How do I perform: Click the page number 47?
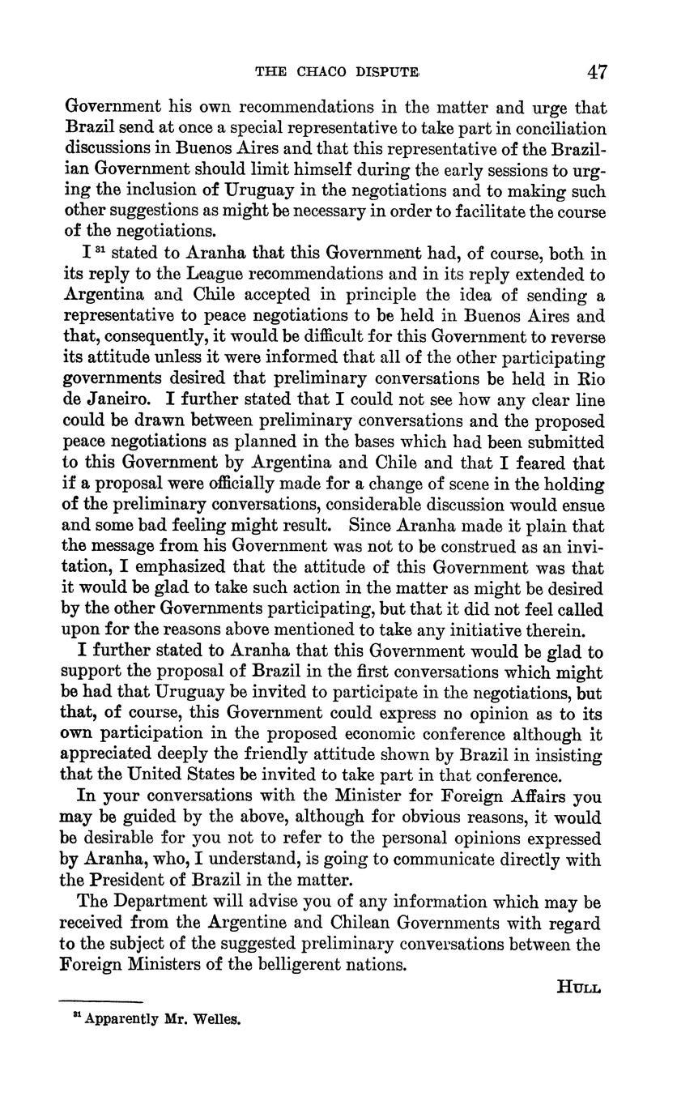click(x=597, y=72)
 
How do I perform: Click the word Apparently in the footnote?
click(x=122, y=1019)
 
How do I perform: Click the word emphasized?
click(x=171, y=568)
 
